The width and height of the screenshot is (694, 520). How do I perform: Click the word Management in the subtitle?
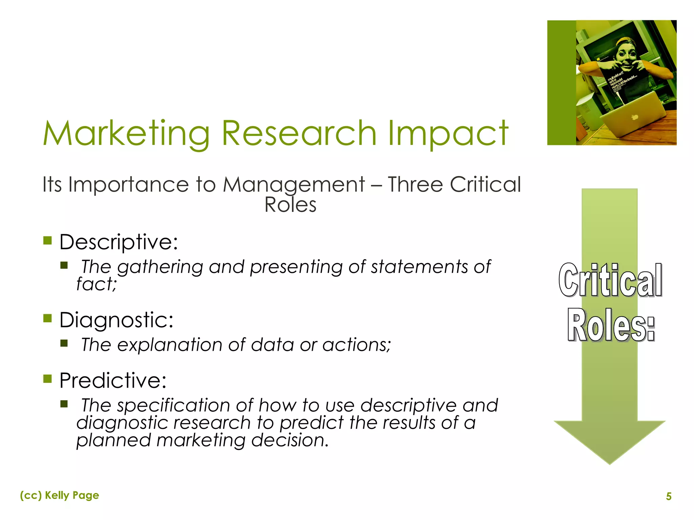click(x=293, y=186)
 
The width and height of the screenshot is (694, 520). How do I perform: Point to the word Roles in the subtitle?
click(x=290, y=205)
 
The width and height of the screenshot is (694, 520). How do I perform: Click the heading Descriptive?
click(x=119, y=242)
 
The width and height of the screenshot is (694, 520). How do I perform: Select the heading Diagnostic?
click(x=116, y=320)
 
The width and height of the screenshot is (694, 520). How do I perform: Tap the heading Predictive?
click(x=113, y=381)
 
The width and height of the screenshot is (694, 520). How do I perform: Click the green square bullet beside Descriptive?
click(x=47, y=241)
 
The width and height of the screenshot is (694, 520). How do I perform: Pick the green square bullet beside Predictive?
click(x=47, y=378)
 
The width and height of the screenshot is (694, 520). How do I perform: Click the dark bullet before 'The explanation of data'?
click(x=64, y=344)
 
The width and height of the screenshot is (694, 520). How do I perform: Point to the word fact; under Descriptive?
click(x=96, y=284)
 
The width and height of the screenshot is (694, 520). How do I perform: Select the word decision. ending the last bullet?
click(x=290, y=440)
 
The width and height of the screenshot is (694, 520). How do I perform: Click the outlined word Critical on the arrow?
click(x=610, y=280)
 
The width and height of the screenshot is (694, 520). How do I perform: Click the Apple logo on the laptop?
click(x=635, y=117)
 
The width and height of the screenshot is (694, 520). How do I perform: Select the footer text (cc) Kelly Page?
click(x=60, y=495)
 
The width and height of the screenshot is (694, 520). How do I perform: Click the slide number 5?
click(x=669, y=496)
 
